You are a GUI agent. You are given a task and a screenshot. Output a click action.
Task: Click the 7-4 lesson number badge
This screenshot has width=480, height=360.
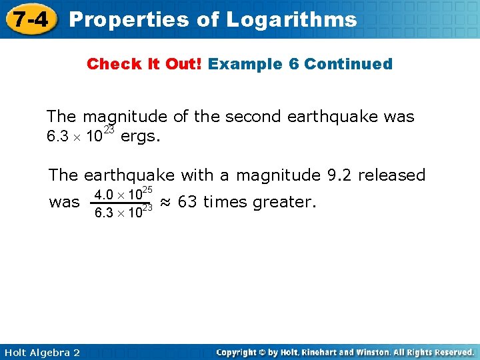click(29, 19)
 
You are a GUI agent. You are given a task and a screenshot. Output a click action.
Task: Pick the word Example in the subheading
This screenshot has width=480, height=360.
click(241, 64)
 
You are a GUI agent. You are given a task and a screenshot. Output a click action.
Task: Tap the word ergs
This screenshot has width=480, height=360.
click(141, 137)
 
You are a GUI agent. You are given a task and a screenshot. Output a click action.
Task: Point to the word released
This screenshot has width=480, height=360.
click(392, 175)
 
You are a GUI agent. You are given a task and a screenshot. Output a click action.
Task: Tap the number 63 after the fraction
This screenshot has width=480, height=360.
click(187, 202)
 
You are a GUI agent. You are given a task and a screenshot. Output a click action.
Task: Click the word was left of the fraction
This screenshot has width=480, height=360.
click(64, 202)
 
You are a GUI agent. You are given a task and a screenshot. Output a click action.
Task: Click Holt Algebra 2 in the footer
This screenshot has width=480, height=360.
click(41, 352)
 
